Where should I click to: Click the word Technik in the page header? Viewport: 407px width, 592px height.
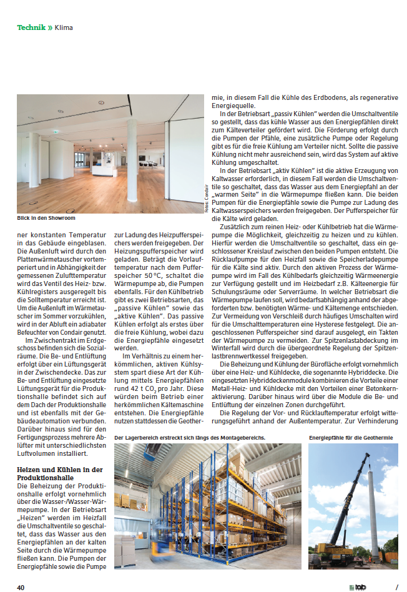[30, 27]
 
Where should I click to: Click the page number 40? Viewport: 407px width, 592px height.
[21, 587]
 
